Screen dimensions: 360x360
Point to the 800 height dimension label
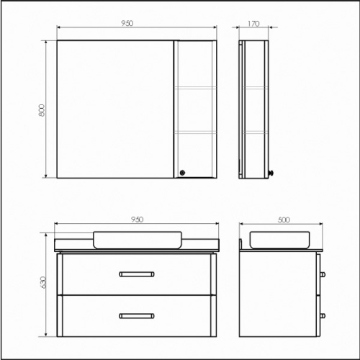[x=42, y=109]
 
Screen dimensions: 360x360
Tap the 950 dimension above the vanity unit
[x=138, y=218]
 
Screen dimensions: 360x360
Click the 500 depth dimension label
[x=282, y=218]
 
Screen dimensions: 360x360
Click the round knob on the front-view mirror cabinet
[x=182, y=172]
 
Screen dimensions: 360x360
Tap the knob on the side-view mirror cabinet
[x=271, y=173]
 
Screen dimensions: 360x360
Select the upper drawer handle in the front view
[x=137, y=273]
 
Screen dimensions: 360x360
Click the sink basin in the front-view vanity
[x=138, y=239]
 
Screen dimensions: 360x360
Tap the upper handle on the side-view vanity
[x=322, y=274]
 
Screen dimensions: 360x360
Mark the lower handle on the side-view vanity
[x=322, y=315]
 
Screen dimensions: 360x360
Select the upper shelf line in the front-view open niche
[x=196, y=87]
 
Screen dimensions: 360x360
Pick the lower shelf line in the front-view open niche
[x=196, y=132]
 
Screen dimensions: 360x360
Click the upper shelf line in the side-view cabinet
[x=255, y=87]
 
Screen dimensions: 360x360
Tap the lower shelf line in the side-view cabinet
[x=255, y=132]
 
